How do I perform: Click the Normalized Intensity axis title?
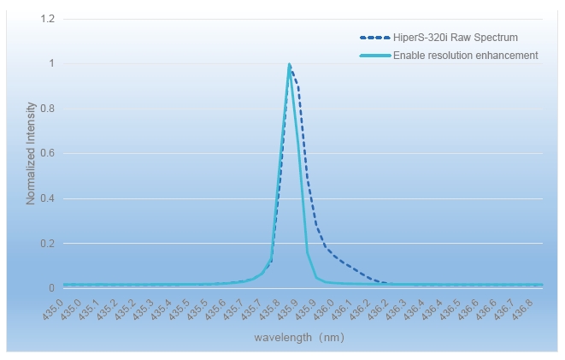point(31,153)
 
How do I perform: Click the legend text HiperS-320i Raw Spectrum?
point(456,38)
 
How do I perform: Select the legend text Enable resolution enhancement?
point(465,56)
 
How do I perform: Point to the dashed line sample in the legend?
point(374,38)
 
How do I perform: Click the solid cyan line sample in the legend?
point(374,56)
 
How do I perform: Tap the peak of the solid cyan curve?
point(290,65)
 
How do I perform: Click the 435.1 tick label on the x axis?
point(88,307)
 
